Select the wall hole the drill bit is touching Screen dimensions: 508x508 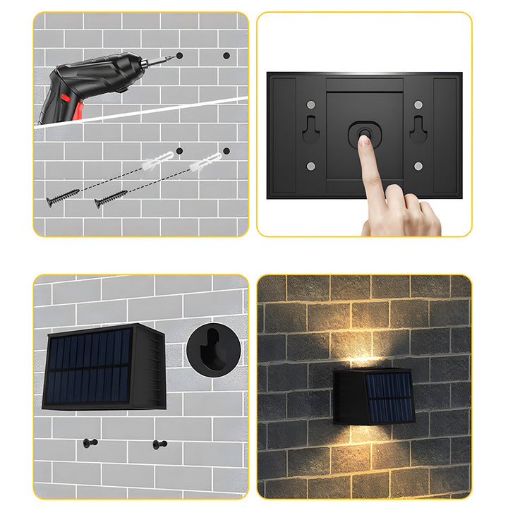(x=179, y=55)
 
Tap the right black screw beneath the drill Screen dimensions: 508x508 (x=111, y=198)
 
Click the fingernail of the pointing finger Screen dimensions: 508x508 (x=363, y=140)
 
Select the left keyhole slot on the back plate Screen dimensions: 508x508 (x=311, y=128)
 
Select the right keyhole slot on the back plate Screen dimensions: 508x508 (x=418, y=128)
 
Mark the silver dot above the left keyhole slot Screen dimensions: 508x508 (x=311, y=104)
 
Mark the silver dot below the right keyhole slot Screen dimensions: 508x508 (x=418, y=167)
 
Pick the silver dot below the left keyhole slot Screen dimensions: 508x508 (x=311, y=167)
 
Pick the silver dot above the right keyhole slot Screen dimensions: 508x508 (x=418, y=104)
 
